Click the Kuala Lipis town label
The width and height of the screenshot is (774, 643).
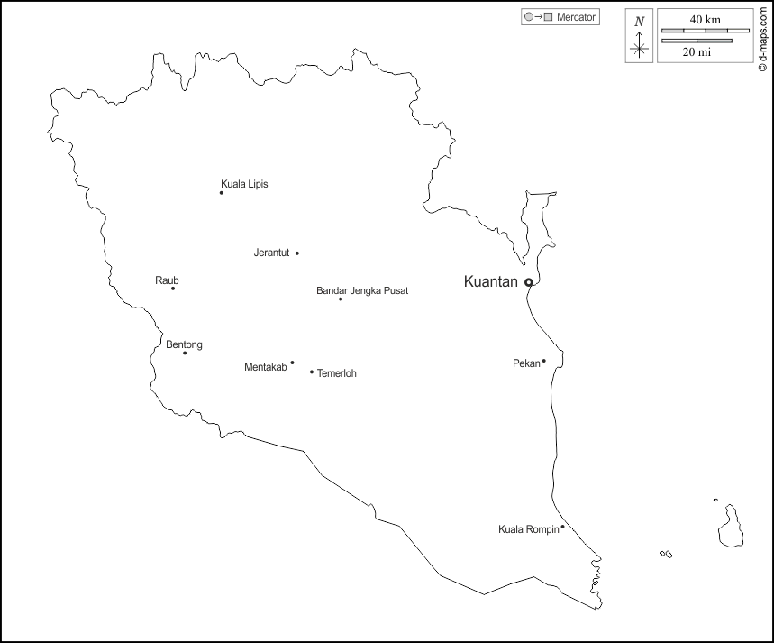[x=244, y=184]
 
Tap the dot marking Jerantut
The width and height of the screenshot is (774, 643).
[x=297, y=253]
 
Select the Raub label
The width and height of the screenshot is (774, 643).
[x=167, y=280]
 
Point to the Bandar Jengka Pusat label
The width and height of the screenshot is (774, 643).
[x=362, y=291]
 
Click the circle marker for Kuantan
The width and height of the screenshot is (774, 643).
[x=529, y=283]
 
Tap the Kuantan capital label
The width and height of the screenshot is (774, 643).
[x=490, y=282]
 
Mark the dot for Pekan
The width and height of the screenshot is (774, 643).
[x=544, y=362]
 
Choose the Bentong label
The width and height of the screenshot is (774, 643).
[x=184, y=344]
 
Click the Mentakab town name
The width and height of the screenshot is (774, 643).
[x=265, y=367]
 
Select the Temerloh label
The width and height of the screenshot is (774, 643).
[x=337, y=373]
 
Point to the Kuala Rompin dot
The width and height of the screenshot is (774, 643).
[x=563, y=527]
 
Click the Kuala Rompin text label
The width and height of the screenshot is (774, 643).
[x=528, y=529]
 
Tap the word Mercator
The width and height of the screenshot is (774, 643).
[x=576, y=17]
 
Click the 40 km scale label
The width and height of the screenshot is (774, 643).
[x=705, y=19]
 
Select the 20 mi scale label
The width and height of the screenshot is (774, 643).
[x=697, y=52]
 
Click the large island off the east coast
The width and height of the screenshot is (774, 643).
[x=730, y=525]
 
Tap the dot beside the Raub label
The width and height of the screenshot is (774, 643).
[x=173, y=289]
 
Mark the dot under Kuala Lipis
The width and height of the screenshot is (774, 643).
[x=222, y=193]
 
